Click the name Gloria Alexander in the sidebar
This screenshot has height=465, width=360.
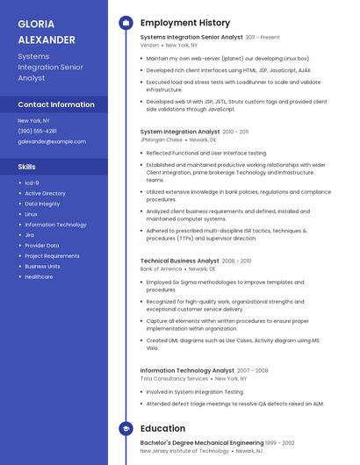tap(47, 32)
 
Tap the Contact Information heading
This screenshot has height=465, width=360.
tap(56, 104)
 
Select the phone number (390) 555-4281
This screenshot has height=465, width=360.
tap(37, 131)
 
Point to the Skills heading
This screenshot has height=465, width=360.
tap(27, 166)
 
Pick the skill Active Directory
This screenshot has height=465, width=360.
tap(45, 193)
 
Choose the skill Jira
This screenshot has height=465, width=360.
tap(29, 235)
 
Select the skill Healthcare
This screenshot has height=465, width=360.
tap(39, 276)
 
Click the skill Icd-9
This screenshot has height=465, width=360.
tap(32, 182)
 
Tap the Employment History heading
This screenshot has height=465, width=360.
tap(184, 23)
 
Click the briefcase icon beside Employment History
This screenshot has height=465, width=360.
tap(126, 23)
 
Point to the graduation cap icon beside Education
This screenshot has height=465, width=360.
tap(126, 428)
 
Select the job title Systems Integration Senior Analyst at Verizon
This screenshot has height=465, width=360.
tap(191, 38)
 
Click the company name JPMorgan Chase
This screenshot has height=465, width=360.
tap(162, 139)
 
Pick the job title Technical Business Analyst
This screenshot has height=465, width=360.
tap(180, 261)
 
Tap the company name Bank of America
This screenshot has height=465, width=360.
tap(161, 268)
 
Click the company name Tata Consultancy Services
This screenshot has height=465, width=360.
tap(174, 378)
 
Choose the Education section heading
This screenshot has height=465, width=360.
tap(162, 428)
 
